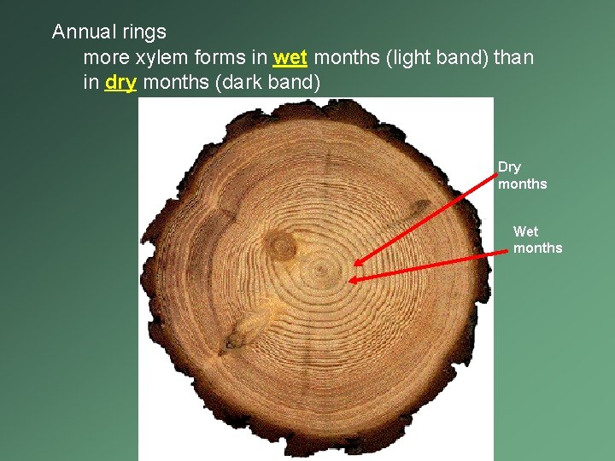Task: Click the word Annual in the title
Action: [83, 32]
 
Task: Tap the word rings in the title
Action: [143, 32]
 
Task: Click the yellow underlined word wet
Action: [290, 58]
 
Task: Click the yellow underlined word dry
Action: [120, 84]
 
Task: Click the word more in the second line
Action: [104, 58]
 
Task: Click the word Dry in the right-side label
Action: [510, 166]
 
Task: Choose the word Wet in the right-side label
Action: [525, 231]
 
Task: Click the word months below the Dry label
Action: [522, 184]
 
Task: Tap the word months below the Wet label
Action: [537, 248]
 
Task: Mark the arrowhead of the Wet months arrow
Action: [351, 279]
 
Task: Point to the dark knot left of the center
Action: [279, 245]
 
